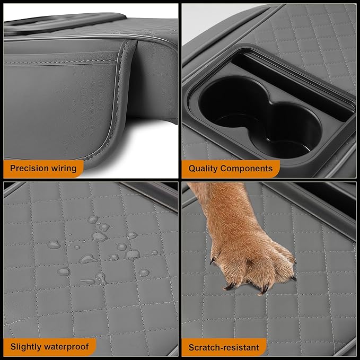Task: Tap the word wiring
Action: (x=63, y=169)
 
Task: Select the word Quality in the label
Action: (x=205, y=169)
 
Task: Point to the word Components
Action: (x=248, y=169)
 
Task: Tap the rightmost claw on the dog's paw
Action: (x=293, y=277)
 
